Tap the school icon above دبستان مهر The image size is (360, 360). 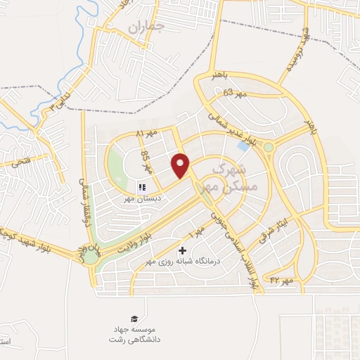(x=141, y=187)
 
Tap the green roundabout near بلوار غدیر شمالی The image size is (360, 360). (x=269, y=147)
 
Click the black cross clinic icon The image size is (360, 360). (x=183, y=250)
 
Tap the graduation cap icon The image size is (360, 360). (x=134, y=319)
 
